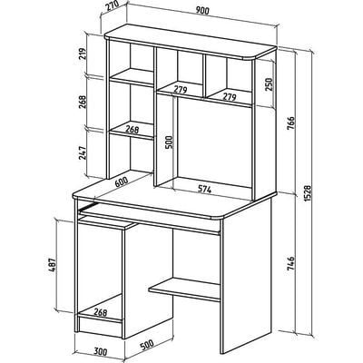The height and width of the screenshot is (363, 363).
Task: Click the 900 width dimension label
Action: click(x=202, y=11)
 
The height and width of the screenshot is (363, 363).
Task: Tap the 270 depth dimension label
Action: click(x=111, y=9)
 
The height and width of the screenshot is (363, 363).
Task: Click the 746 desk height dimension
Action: click(x=290, y=263)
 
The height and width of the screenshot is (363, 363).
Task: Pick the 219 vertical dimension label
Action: click(x=83, y=54)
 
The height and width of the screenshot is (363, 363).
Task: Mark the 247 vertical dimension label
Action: click(x=83, y=153)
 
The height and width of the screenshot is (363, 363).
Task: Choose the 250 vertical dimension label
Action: click(x=269, y=84)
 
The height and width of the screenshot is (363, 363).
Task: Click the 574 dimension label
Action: click(x=204, y=190)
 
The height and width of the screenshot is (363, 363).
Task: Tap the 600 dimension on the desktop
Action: click(x=122, y=182)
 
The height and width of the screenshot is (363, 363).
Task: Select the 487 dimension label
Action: click(x=53, y=266)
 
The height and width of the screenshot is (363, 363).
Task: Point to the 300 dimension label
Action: click(x=100, y=352)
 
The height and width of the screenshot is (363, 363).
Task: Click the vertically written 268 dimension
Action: click(x=83, y=102)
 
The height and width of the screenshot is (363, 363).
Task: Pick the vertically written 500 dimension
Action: click(x=169, y=142)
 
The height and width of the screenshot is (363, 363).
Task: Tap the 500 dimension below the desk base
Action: click(x=147, y=345)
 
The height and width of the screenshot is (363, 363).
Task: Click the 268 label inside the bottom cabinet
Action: click(x=100, y=312)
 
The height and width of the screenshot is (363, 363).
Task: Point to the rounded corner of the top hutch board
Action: click(x=252, y=57)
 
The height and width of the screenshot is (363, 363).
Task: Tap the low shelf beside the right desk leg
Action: click(x=184, y=289)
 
